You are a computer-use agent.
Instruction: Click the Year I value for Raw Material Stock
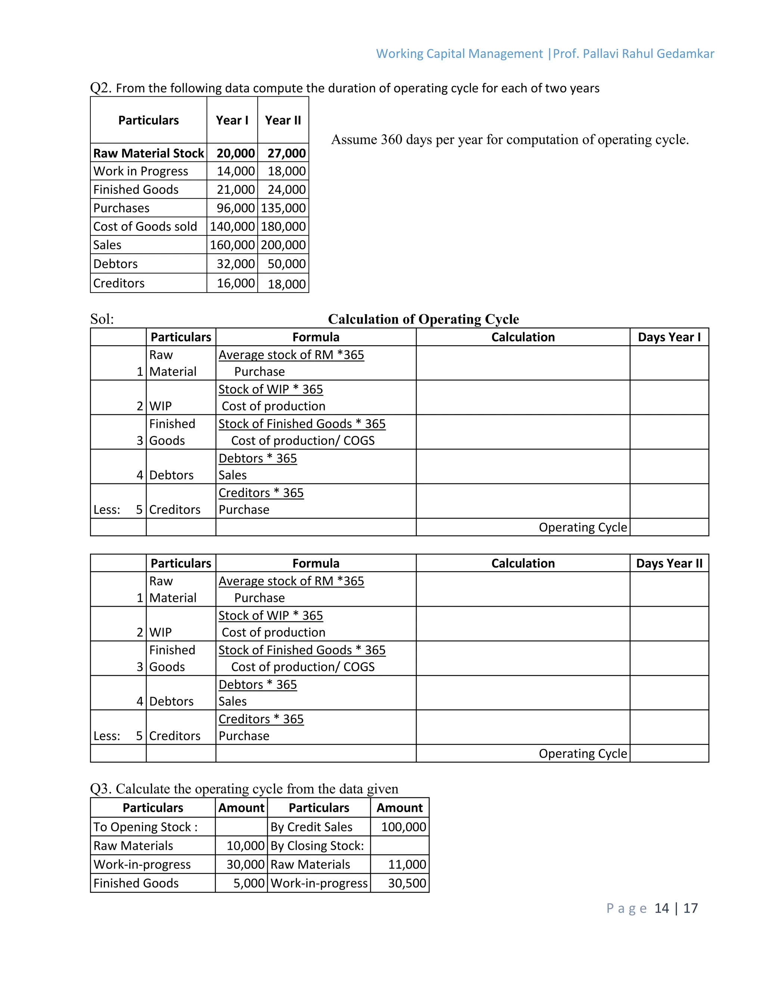click(235, 153)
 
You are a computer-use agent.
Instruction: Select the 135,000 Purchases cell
click(283, 208)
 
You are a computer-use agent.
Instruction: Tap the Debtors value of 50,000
click(287, 264)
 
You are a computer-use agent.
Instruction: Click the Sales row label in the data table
click(108, 245)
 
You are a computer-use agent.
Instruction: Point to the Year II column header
click(283, 121)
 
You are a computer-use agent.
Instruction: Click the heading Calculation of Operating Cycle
click(423, 319)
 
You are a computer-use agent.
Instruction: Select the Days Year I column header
click(669, 337)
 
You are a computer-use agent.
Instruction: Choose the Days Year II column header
click(669, 563)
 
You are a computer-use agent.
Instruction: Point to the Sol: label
click(102, 319)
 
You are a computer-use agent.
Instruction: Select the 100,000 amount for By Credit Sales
click(403, 827)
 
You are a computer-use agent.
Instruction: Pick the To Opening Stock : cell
click(145, 827)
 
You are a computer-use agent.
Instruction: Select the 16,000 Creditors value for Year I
click(235, 283)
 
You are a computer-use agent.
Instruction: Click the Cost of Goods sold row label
click(145, 227)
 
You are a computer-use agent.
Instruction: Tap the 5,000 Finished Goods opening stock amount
click(248, 883)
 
